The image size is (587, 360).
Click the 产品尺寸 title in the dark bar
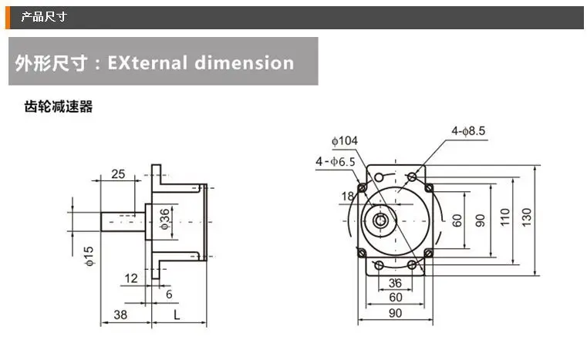point(44,17)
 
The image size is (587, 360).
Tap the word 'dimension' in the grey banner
point(245,62)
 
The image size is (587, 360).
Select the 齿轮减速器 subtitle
point(59,106)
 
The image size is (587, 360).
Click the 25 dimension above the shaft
point(118,174)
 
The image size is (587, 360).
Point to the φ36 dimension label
point(165,219)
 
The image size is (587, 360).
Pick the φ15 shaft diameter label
point(89,257)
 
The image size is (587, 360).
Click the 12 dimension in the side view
point(131,278)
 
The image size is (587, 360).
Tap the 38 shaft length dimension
point(120,315)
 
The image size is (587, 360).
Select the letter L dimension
point(177,315)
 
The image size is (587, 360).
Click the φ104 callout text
point(345,141)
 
